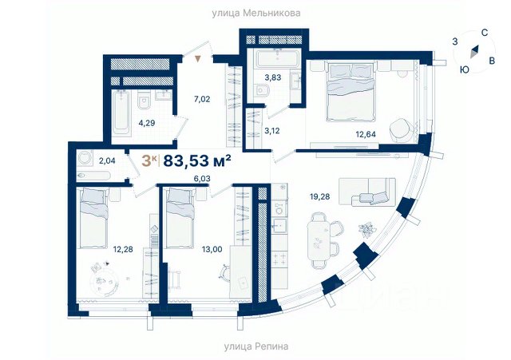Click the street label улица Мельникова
(256, 14)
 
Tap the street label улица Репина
(256, 346)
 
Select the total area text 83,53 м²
(197, 160)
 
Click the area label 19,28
(319, 196)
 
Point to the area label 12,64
(366, 134)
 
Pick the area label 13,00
(212, 250)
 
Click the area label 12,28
(123, 250)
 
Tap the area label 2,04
(107, 160)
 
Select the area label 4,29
(147, 123)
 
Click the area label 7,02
(202, 99)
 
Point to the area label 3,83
(273, 77)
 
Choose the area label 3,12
(271, 131)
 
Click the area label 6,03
(202, 179)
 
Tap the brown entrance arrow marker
(198, 59)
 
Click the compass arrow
(474, 51)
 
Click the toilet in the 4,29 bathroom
(144, 100)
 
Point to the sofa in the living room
(367, 192)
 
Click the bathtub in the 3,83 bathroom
(278, 58)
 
